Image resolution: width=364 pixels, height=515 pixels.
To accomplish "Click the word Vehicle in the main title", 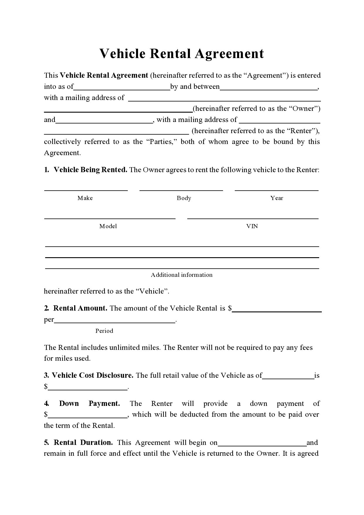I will click(x=122, y=54).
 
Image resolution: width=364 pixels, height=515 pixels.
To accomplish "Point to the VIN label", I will click(x=252, y=226).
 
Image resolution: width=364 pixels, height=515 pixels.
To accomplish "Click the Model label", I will click(x=108, y=226).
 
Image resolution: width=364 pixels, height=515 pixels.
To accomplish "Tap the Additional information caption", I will click(x=181, y=275).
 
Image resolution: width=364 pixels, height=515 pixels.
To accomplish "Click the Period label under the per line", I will click(x=104, y=331).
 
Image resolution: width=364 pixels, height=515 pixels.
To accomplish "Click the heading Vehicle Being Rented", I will click(x=90, y=170).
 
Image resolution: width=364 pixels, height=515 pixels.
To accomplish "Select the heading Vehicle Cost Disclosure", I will click(x=92, y=375).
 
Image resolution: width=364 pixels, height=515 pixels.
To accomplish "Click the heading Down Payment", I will click(x=89, y=404).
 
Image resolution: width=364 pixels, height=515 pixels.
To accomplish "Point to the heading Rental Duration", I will click(x=83, y=443).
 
